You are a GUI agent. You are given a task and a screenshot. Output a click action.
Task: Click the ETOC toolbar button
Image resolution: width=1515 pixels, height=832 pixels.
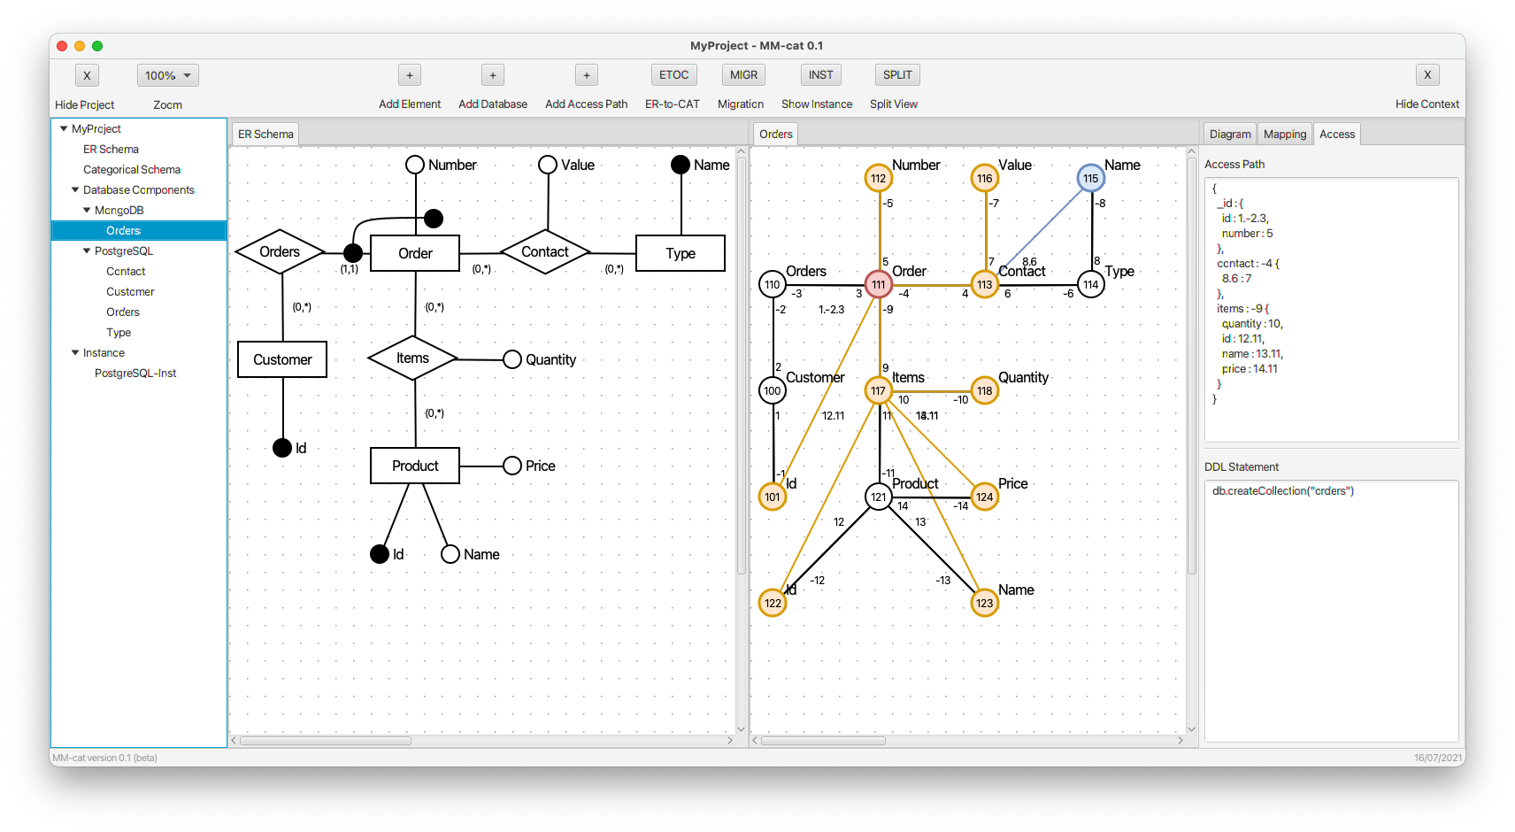(673, 75)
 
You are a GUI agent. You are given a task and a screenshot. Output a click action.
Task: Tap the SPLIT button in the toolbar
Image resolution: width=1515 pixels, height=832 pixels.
(896, 75)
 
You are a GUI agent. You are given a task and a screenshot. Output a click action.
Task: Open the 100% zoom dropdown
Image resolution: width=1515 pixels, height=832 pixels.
(168, 75)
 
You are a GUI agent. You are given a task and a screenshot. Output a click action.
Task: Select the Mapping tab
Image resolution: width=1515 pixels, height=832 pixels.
(1284, 134)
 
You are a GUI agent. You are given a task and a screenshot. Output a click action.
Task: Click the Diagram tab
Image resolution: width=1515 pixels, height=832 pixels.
(1229, 134)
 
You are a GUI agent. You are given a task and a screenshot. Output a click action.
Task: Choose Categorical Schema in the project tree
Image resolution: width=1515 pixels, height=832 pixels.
(132, 170)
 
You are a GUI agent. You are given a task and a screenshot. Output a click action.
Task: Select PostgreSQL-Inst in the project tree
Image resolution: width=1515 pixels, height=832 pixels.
(135, 374)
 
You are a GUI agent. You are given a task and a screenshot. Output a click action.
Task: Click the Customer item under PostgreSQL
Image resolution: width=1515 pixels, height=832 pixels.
(131, 291)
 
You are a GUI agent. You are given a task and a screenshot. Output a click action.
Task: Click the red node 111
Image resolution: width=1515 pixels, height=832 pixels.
(878, 285)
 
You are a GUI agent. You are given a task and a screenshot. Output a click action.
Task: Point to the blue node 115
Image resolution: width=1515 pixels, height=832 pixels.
(1090, 179)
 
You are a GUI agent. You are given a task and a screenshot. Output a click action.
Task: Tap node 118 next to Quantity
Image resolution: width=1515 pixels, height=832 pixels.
(984, 391)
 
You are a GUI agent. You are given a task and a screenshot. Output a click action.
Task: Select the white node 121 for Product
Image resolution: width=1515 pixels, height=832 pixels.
(878, 497)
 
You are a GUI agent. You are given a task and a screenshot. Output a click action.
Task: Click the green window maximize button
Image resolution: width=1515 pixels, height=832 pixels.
(97, 46)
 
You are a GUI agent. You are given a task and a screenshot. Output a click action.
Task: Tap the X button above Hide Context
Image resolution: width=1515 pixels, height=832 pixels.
(1427, 75)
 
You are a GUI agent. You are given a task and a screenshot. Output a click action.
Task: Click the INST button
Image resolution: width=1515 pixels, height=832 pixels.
(820, 75)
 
